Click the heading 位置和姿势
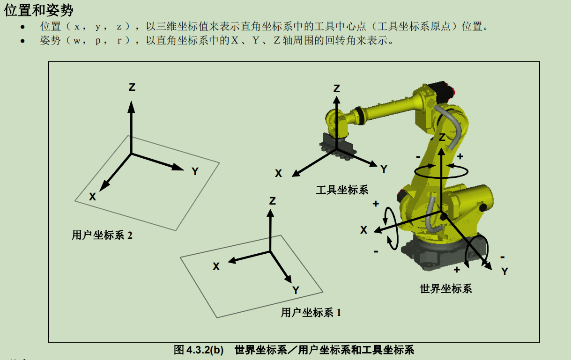38,10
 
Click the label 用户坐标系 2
102,235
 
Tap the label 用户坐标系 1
311,312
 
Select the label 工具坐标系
342,190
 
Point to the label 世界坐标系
445,288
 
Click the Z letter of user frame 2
132,87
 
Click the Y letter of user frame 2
195,171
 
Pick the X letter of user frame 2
92,197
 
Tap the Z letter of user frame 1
272,201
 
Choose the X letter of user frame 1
216,266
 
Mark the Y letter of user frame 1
296,290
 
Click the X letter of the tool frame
278,174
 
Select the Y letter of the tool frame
384,169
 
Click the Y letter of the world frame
504,272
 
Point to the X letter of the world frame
363,230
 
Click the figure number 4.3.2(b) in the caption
205,350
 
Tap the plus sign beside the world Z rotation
460,156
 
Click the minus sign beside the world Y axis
502,257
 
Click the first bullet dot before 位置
22,27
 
